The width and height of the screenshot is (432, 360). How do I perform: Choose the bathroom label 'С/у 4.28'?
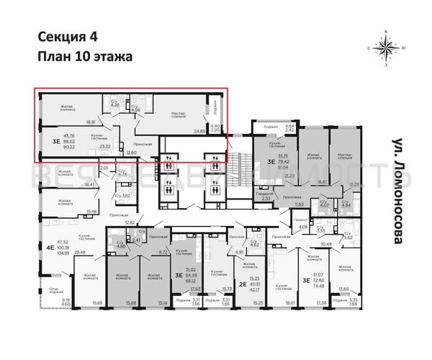(114, 103)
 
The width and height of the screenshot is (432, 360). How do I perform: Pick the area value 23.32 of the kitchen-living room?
(104, 146)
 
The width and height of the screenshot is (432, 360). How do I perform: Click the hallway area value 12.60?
(130, 153)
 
